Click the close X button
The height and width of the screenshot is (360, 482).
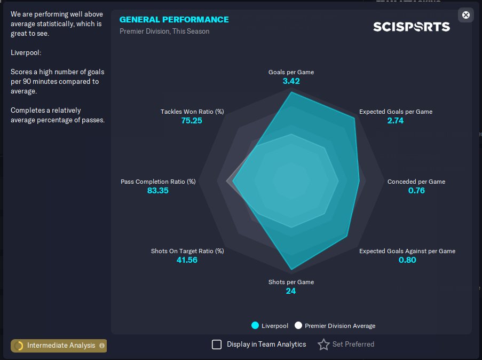pos(465,15)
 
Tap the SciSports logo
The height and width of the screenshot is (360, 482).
pos(412,27)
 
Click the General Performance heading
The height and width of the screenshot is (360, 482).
pos(174,19)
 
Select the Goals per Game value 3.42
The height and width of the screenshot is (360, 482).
pos(291,81)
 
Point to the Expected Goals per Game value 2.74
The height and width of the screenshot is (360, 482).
pos(396,120)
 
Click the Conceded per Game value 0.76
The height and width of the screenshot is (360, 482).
pos(416,191)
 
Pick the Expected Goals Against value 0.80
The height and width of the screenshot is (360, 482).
pos(407,260)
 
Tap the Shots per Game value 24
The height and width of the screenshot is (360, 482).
pos(291,291)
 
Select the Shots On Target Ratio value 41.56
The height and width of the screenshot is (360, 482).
pos(187,260)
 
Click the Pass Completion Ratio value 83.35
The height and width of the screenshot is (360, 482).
pos(157,191)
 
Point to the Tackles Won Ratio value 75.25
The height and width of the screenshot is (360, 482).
pos(192,120)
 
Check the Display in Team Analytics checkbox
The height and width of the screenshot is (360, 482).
pos(217,345)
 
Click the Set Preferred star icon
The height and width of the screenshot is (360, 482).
pos(323,345)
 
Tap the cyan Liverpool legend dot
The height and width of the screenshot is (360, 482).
pos(255,325)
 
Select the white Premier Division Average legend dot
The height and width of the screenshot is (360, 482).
pos(298,325)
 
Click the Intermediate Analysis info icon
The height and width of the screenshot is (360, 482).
pos(102,346)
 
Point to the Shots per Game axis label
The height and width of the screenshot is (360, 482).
pos(291,282)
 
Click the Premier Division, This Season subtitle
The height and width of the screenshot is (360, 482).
pos(164,32)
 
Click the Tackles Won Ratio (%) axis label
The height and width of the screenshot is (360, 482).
pos(192,112)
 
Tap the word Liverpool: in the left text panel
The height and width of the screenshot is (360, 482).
pos(26,53)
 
